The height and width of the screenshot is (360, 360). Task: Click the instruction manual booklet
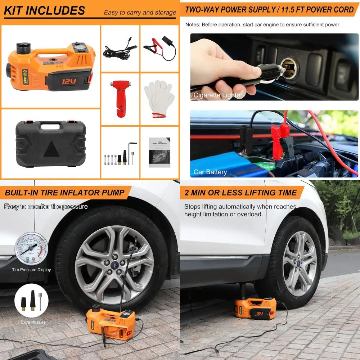point(159,152)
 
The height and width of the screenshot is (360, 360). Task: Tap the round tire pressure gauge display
point(31,249)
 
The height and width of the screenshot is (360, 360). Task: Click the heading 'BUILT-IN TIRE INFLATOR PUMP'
point(65,193)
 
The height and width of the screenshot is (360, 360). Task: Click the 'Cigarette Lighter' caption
point(218,95)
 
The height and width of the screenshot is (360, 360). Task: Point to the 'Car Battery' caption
point(210,172)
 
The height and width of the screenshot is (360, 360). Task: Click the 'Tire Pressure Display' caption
point(31,270)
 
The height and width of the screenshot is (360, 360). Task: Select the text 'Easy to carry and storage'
point(140,13)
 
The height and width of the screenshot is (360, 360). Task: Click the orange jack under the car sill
point(255,308)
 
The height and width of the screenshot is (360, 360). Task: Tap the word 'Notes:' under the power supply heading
point(193,24)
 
